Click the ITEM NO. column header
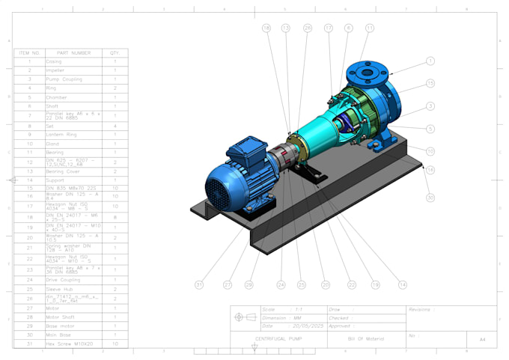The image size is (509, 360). pyautogui.click(x=29, y=53)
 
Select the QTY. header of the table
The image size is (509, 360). pyautogui.click(x=115, y=53)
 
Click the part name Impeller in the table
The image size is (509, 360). pyautogui.click(x=55, y=70)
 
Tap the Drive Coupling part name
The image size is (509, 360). pyautogui.click(x=63, y=280)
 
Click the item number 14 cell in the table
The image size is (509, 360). pyautogui.click(x=29, y=180)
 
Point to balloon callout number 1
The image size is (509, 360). pyautogui.click(x=430, y=61)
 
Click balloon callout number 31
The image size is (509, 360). pyautogui.click(x=199, y=284)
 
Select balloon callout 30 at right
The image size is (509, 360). pyautogui.click(x=430, y=198)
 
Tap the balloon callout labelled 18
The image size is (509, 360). pyautogui.click(x=266, y=28)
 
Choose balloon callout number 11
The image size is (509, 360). pyautogui.click(x=370, y=28)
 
